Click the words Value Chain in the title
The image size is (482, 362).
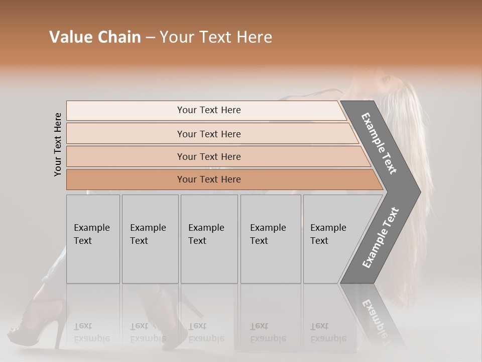coord(95,37)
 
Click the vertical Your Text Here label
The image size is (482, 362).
coord(58,144)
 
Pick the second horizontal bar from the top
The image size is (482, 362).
coord(209,134)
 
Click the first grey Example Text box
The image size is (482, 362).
coord(93,239)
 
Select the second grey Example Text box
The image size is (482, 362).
coord(150,239)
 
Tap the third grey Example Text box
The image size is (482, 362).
coord(209,239)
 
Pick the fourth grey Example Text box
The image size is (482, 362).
coord(270,239)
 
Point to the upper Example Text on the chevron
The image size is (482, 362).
coord(379,143)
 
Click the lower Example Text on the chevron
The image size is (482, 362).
coord(380,237)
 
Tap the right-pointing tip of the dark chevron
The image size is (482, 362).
coord(418,192)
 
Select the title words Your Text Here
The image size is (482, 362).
coord(216,37)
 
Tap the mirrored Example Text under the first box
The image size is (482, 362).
coord(92,332)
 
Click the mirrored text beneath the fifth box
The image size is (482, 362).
coord(328,332)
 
